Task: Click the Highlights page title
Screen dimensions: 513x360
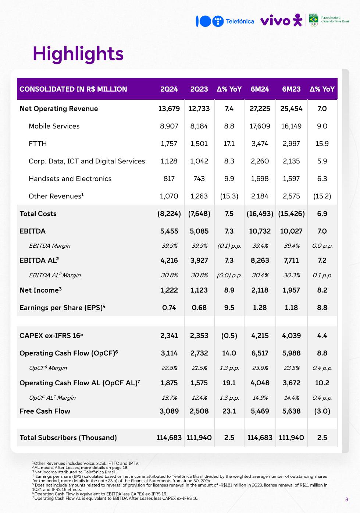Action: [x=78, y=54]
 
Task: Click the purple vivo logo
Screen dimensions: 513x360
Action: [x=281, y=21]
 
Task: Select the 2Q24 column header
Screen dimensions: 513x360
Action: [x=169, y=89]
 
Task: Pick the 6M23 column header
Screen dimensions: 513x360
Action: [x=291, y=89]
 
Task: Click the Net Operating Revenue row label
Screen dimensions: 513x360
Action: [x=59, y=109]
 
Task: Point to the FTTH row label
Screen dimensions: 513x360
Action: [x=38, y=144]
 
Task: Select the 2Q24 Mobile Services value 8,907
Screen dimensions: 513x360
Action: [x=169, y=126]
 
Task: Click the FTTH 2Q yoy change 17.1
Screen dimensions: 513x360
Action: [x=229, y=144]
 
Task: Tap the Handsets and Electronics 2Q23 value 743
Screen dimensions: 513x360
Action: [x=199, y=178]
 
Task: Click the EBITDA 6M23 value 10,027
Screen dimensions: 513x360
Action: [x=291, y=231]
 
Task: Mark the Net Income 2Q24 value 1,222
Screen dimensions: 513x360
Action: [x=169, y=290]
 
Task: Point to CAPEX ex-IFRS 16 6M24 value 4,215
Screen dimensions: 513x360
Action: [x=260, y=336]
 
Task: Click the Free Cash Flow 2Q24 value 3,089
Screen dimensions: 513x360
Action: [x=169, y=411]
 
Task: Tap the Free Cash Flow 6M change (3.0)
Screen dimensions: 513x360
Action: [x=322, y=411]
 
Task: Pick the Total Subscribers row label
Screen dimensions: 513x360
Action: [x=68, y=438]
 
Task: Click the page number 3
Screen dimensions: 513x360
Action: [x=346, y=499]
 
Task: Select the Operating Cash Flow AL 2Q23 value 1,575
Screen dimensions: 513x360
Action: [x=199, y=383]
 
